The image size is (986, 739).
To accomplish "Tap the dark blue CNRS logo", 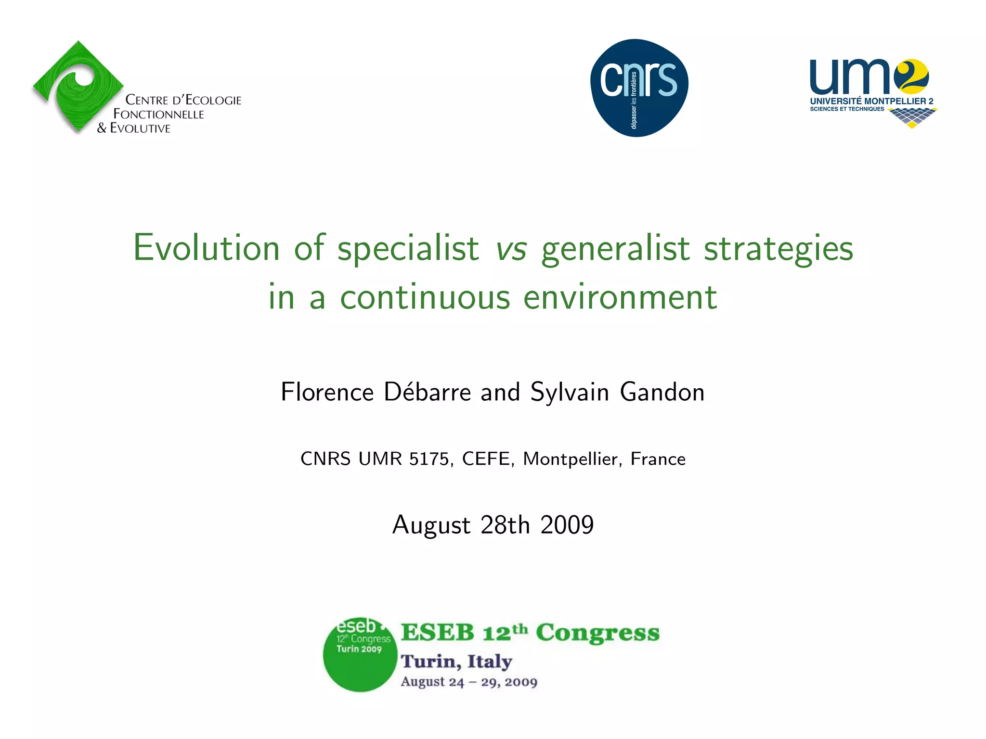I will [639, 88].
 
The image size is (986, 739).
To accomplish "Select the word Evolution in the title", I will [206, 248].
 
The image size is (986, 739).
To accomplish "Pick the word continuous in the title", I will [425, 297].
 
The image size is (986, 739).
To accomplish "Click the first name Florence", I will [327, 392].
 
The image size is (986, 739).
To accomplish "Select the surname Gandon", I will [662, 392].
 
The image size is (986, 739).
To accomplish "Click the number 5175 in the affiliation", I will [428, 459].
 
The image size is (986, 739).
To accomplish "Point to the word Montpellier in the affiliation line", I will [571, 459].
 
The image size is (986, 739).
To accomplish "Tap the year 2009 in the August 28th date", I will [567, 524].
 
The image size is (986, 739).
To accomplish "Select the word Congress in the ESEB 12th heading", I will [597, 633].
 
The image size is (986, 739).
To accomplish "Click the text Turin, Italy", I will [456, 662].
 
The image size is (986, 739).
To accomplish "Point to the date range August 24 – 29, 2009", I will [469, 682].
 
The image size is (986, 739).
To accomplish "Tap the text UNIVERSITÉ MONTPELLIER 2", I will [871, 101].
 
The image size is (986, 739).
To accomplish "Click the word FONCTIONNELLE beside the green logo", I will [159, 115].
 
